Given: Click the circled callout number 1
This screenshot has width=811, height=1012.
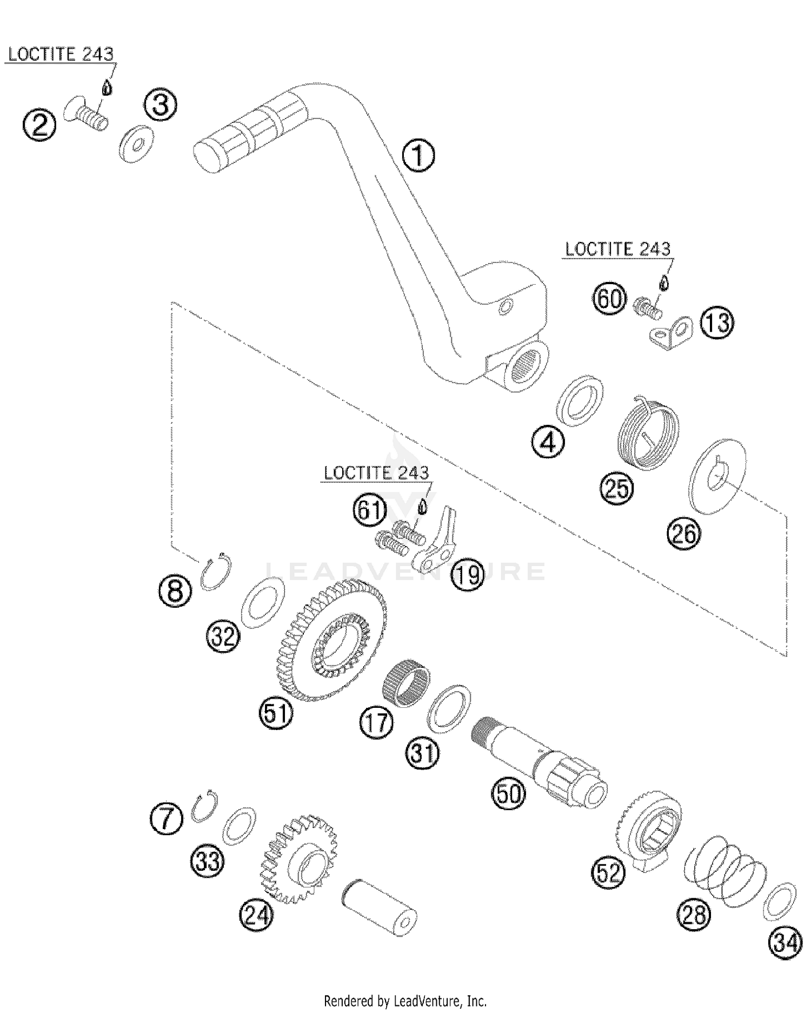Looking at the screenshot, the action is [x=418, y=156].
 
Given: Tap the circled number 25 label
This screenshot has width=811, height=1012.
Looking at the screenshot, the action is [x=616, y=488].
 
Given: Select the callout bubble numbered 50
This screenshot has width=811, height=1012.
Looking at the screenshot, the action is [x=508, y=793].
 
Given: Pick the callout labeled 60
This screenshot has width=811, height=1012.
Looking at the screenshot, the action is [x=609, y=298].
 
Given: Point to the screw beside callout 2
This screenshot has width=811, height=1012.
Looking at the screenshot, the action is [x=87, y=114].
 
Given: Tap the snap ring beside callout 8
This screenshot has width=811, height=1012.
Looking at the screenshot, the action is [x=216, y=570].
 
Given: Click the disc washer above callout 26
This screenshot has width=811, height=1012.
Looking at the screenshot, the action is [x=719, y=476].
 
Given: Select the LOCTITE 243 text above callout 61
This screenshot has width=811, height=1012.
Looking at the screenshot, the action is [x=376, y=473].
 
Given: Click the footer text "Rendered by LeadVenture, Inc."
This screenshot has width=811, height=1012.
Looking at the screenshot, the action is [x=405, y=1001].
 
